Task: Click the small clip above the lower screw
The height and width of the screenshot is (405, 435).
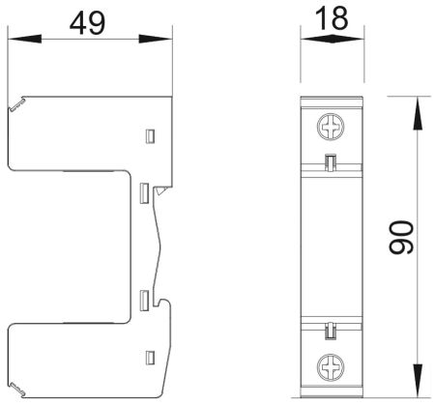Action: pyautogui.click(x=329, y=332)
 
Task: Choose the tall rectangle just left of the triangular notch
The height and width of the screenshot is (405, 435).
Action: pyautogui.click(x=143, y=193)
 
